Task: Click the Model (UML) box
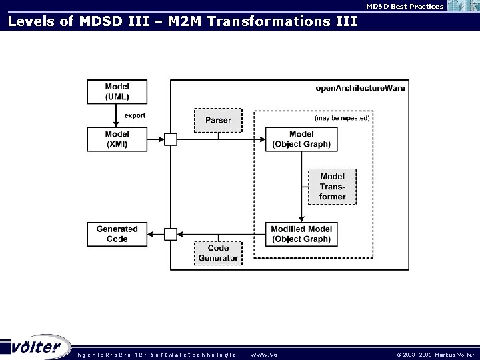click(117, 91)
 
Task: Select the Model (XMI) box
click(117, 139)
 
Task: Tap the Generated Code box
click(117, 234)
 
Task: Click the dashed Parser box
click(218, 120)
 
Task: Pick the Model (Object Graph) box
click(301, 139)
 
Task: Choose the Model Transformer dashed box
click(332, 187)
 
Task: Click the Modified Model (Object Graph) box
click(301, 234)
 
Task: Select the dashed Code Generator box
click(218, 253)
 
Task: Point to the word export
click(135, 115)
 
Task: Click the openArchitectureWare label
click(360, 88)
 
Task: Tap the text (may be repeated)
click(341, 118)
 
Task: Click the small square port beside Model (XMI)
click(171, 139)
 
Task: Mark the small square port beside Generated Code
click(171, 234)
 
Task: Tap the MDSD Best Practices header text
click(405, 6)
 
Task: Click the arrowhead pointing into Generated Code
click(151, 234)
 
